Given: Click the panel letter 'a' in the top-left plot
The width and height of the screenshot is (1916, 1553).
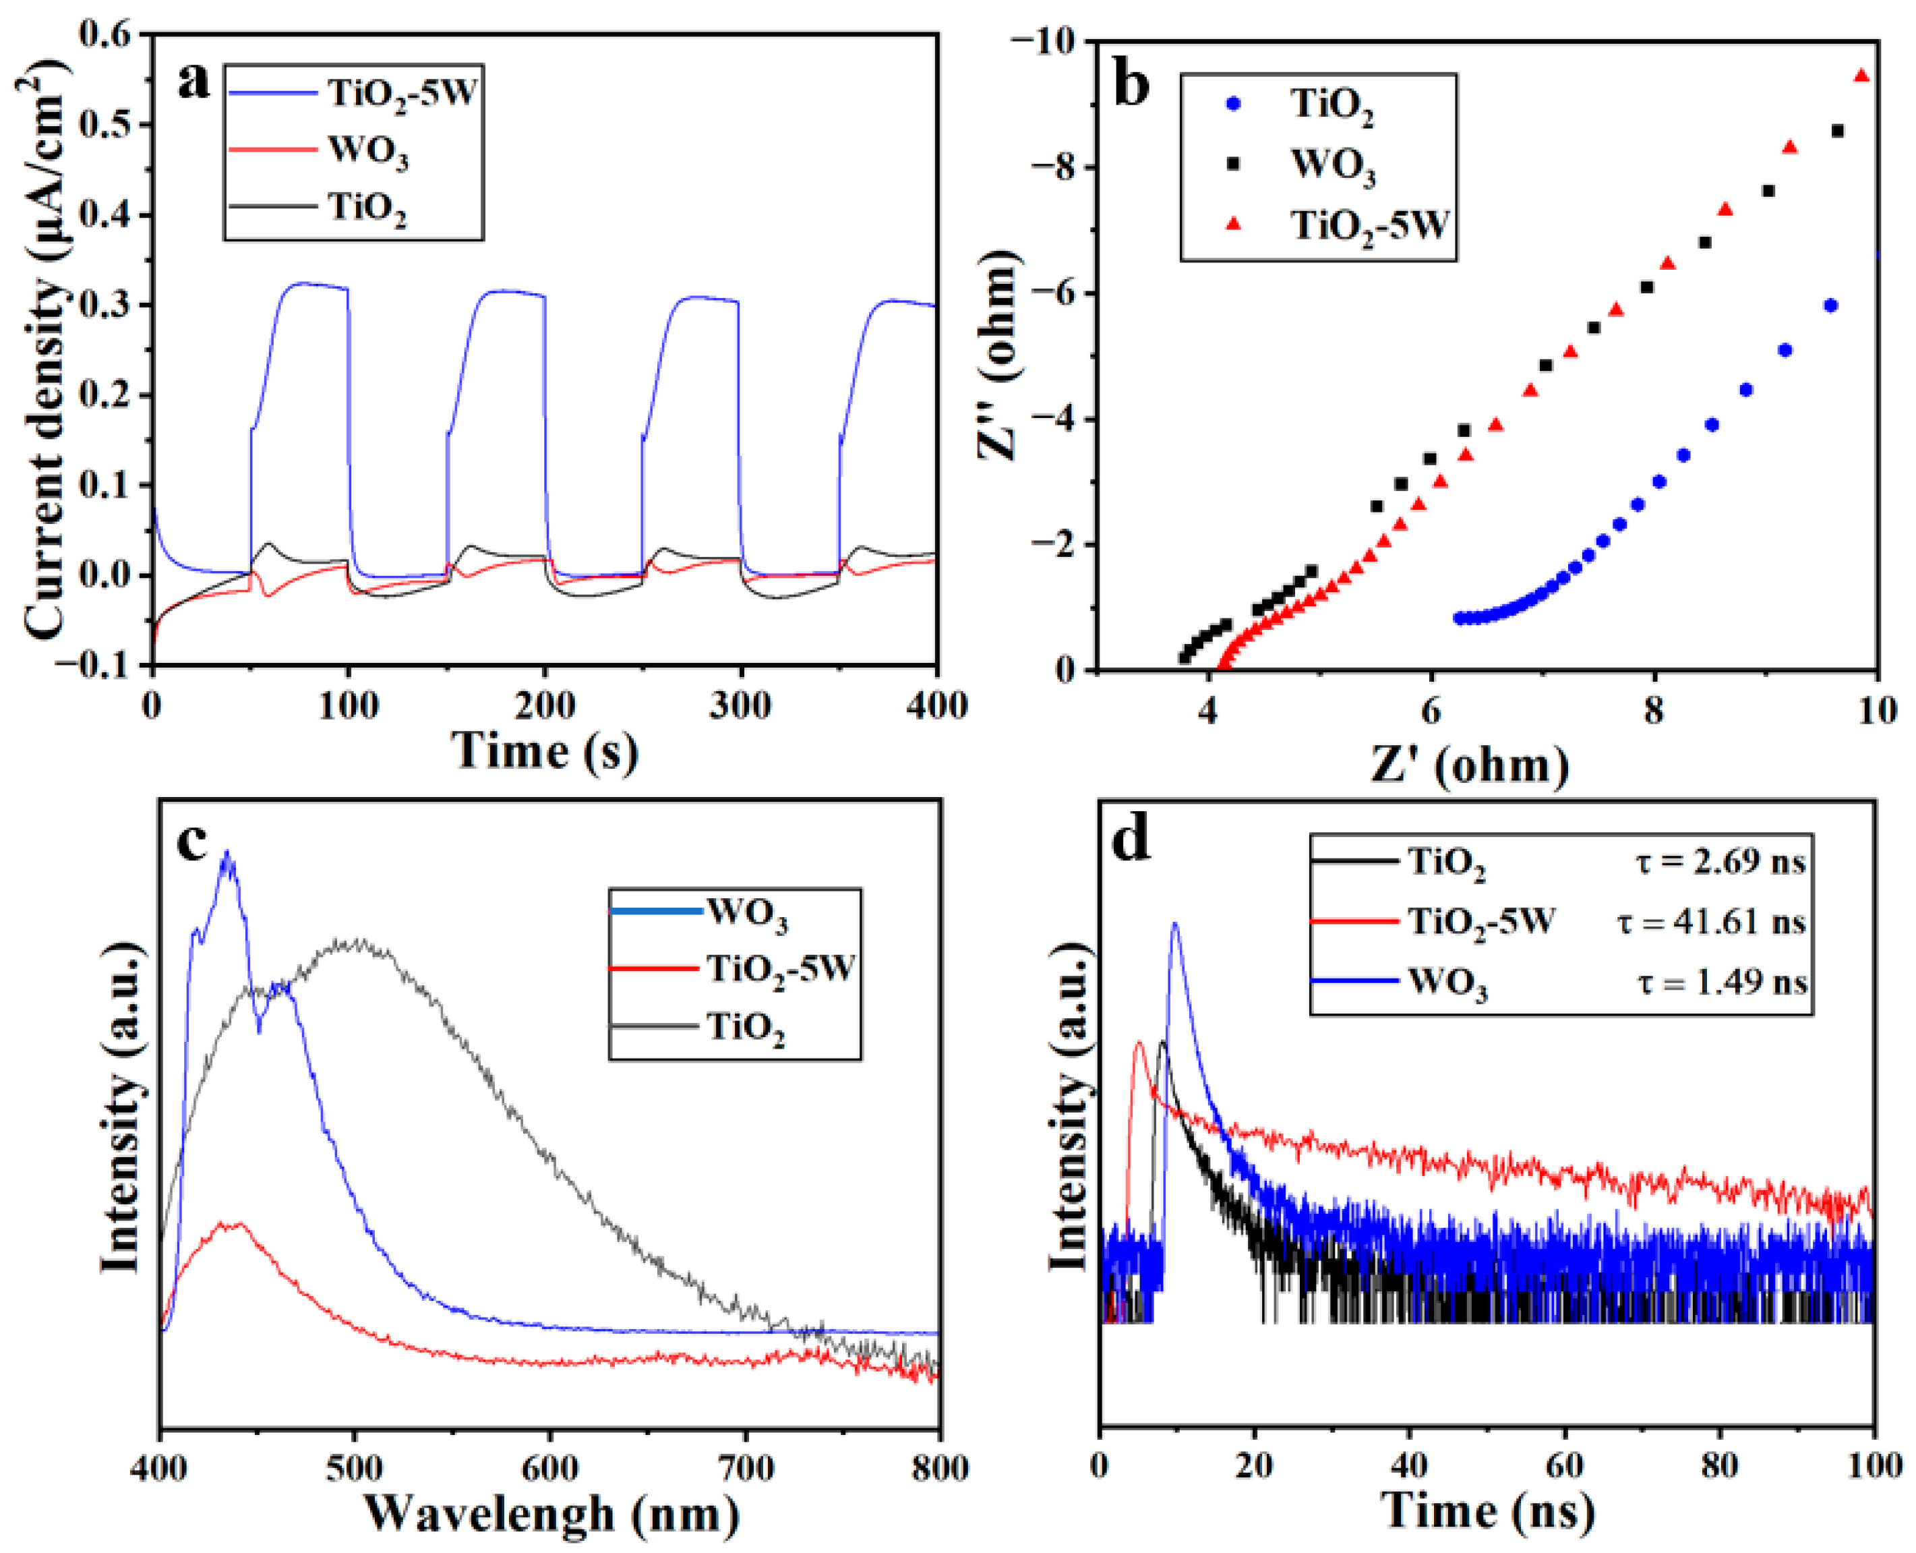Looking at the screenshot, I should pyautogui.click(x=194, y=82).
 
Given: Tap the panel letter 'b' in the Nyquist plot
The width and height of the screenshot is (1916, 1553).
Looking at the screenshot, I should pyautogui.click(x=1131, y=87).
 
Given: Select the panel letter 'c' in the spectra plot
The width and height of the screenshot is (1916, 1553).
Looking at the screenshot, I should pyautogui.click(x=192, y=841).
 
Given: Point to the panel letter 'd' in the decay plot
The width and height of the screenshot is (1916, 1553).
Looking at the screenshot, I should pyautogui.click(x=1131, y=841).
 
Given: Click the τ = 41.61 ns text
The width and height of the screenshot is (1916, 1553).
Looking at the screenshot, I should pyautogui.click(x=1711, y=921).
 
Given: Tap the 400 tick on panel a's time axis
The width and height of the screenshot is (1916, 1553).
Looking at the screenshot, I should pyautogui.click(x=936, y=707).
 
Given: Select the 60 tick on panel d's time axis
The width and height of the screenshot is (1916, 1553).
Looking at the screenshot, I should pyautogui.click(x=1565, y=1465).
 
